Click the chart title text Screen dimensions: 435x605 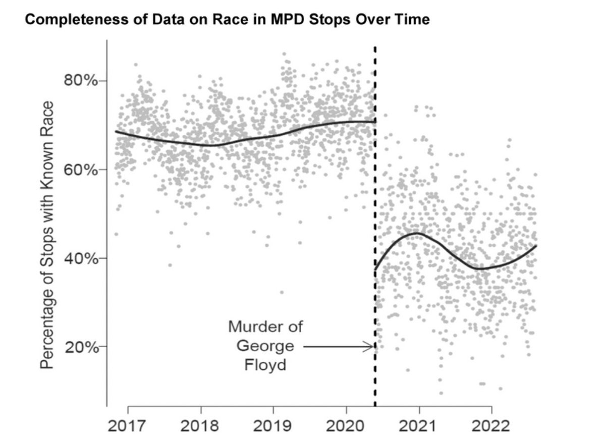point(227,20)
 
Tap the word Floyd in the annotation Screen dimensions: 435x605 point(265,364)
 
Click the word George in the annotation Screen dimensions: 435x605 point(265,346)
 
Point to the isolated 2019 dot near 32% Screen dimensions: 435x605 point(282,292)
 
